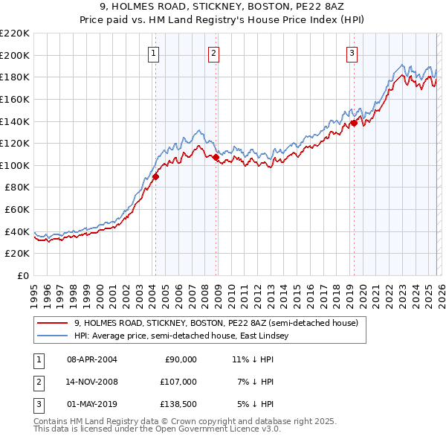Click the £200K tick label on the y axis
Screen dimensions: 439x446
(x=15, y=55)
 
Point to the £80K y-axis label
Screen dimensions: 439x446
(x=16, y=188)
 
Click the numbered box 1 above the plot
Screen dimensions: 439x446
(x=153, y=53)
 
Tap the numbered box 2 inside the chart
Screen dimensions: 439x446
(x=213, y=53)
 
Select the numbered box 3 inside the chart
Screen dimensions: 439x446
(x=351, y=53)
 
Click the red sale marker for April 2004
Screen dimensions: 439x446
(x=155, y=177)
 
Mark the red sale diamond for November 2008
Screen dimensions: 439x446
(x=216, y=158)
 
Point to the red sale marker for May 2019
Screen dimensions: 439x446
(x=354, y=124)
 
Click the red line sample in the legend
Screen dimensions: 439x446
(x=53, y=324)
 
